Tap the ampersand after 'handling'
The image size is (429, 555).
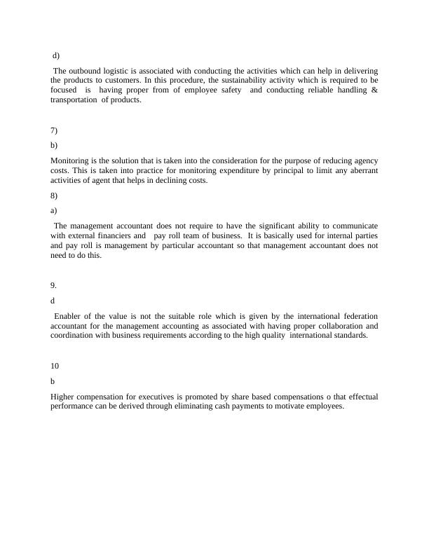coord(375,90)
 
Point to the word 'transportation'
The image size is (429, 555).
coord(74,100)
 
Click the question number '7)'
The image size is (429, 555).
coord(54,131)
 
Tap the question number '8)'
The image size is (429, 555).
coord(54,196)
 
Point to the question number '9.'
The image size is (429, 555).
coord(54,285)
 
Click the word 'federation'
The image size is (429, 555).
coord(358,316)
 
